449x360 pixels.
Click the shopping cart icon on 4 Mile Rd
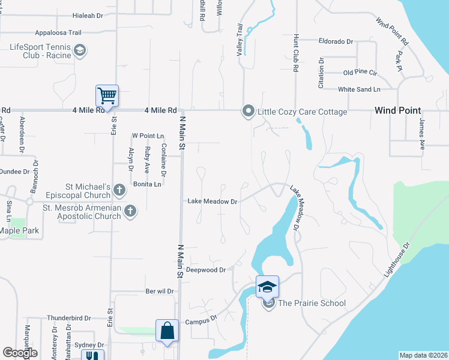point(107,95)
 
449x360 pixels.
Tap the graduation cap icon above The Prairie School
point(267,287)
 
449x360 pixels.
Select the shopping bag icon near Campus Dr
point(167,330)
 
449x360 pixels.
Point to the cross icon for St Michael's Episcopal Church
point(119,190)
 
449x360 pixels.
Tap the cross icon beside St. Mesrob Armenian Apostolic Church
point(130,211)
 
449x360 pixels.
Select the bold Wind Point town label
point(397,110)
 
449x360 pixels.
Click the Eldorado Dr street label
point(336,42)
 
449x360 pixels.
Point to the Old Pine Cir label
point(360,73)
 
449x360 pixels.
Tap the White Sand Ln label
point(359,89)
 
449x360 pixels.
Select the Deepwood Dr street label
point(205,270)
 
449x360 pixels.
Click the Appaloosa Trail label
point(58,32)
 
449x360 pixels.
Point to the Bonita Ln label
point(148,184)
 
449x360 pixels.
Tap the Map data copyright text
point(423,355)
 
